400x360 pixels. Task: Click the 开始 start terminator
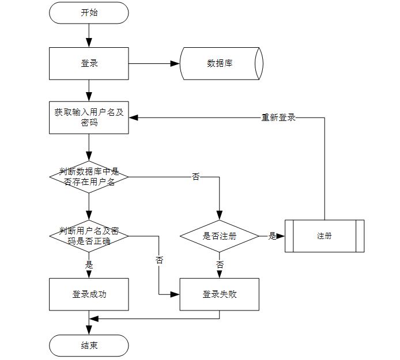point(89,13)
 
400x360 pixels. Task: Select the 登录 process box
point(89,63)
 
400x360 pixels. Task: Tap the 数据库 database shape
point(221,63)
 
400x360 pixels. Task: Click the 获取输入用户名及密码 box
point(89,118)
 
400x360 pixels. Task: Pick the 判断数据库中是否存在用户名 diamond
point(89,177)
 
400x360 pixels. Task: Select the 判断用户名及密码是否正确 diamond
point(89,236)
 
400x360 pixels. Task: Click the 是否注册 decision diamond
point(220,236)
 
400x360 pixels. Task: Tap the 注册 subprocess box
point(324,236)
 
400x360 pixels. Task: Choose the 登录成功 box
point(89,294)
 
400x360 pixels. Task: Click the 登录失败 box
point(220,294)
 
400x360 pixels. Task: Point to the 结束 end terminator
point(89,346)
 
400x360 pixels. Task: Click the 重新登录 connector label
point(278,118)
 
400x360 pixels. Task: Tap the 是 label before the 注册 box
point(272,236)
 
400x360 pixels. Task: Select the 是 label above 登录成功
point(89,265)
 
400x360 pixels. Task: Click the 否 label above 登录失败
point(220,265)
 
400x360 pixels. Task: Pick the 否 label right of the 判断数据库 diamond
point(195,177)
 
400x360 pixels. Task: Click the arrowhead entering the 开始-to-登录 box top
point(89,43)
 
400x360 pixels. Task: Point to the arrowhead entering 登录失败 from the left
point(175,294)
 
